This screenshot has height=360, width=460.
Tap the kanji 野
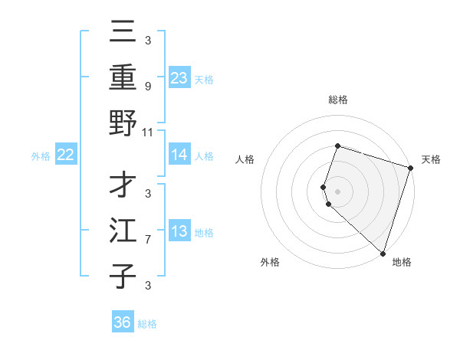(x=123, y=122)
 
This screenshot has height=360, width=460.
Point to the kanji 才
(x=123, y=185)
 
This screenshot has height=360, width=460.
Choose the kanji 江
(x=123, y=231)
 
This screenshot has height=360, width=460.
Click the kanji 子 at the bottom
(x=123, y=277)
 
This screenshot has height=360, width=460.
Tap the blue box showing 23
(x=179, y=77)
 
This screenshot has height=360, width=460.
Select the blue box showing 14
(x=179, y=155)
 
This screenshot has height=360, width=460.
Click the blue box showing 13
(x=179, y=231)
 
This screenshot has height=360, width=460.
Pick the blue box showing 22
(x=66, y=155)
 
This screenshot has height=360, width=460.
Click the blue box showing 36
(x=123, y=322)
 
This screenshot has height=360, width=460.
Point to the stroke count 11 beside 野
(x=148, y=132)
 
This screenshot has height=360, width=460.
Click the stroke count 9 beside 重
(x=148, y=86)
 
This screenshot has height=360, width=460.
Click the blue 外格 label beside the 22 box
(x=41, y=155)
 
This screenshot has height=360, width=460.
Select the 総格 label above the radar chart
(x=337, y=100)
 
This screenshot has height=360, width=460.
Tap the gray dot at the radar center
(x=337, y=191)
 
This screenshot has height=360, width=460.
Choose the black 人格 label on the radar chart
(x=245, y=159)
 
